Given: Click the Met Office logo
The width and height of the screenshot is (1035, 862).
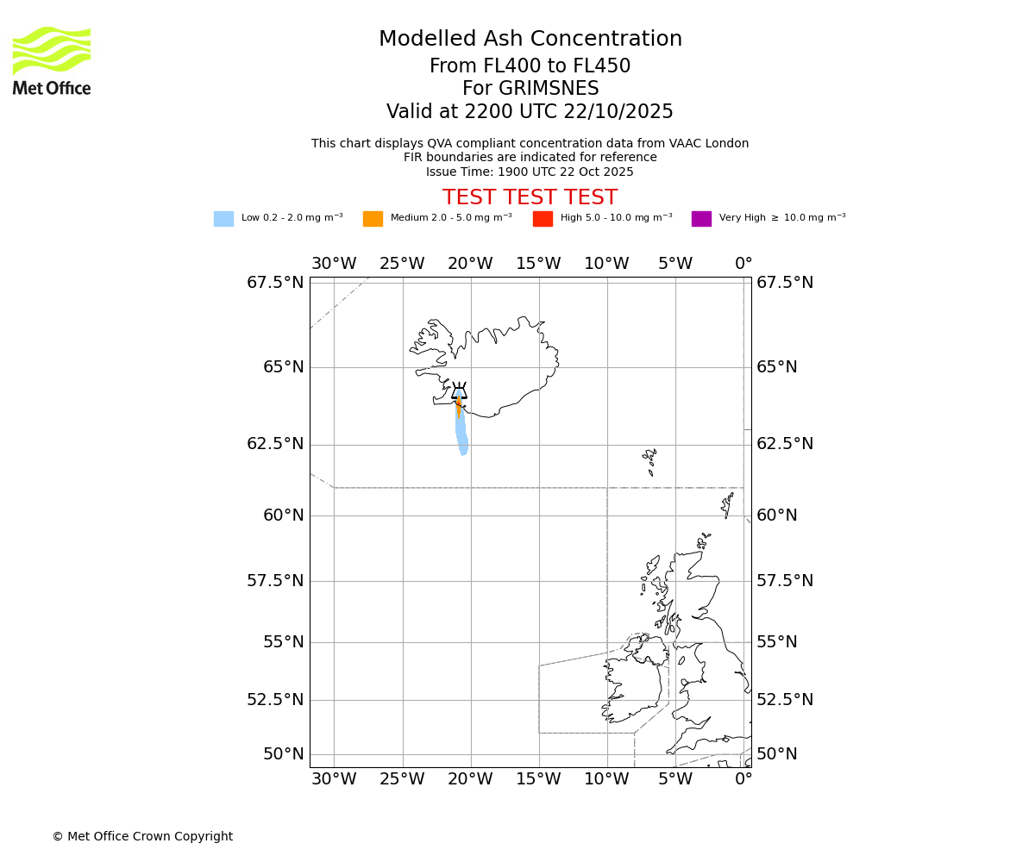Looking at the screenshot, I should (52, 60).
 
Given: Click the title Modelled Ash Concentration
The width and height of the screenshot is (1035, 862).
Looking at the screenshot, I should (530, 40).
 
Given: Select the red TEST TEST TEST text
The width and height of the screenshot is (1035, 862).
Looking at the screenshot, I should (530, 197).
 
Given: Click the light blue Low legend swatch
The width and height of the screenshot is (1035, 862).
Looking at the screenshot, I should (223, 219).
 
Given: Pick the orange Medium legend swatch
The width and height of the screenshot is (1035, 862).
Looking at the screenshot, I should (373, 219).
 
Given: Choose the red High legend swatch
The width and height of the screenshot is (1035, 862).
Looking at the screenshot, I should (543, 219).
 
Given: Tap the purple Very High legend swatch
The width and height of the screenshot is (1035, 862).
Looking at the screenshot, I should (701, 219).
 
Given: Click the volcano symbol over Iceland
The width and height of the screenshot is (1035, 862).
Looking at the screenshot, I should (459, 391).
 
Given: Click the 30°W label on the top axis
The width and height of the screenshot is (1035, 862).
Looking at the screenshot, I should (334, 264).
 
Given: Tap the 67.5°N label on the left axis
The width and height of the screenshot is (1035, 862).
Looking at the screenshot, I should (275, 283).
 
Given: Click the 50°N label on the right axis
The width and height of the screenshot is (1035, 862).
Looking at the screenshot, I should (777, 754).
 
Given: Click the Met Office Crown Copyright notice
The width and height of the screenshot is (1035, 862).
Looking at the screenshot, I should (142, 837).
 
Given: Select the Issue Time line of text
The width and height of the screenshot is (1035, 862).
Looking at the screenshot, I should (530, 172).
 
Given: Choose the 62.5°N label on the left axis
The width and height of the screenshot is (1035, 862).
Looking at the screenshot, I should (275, 444).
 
